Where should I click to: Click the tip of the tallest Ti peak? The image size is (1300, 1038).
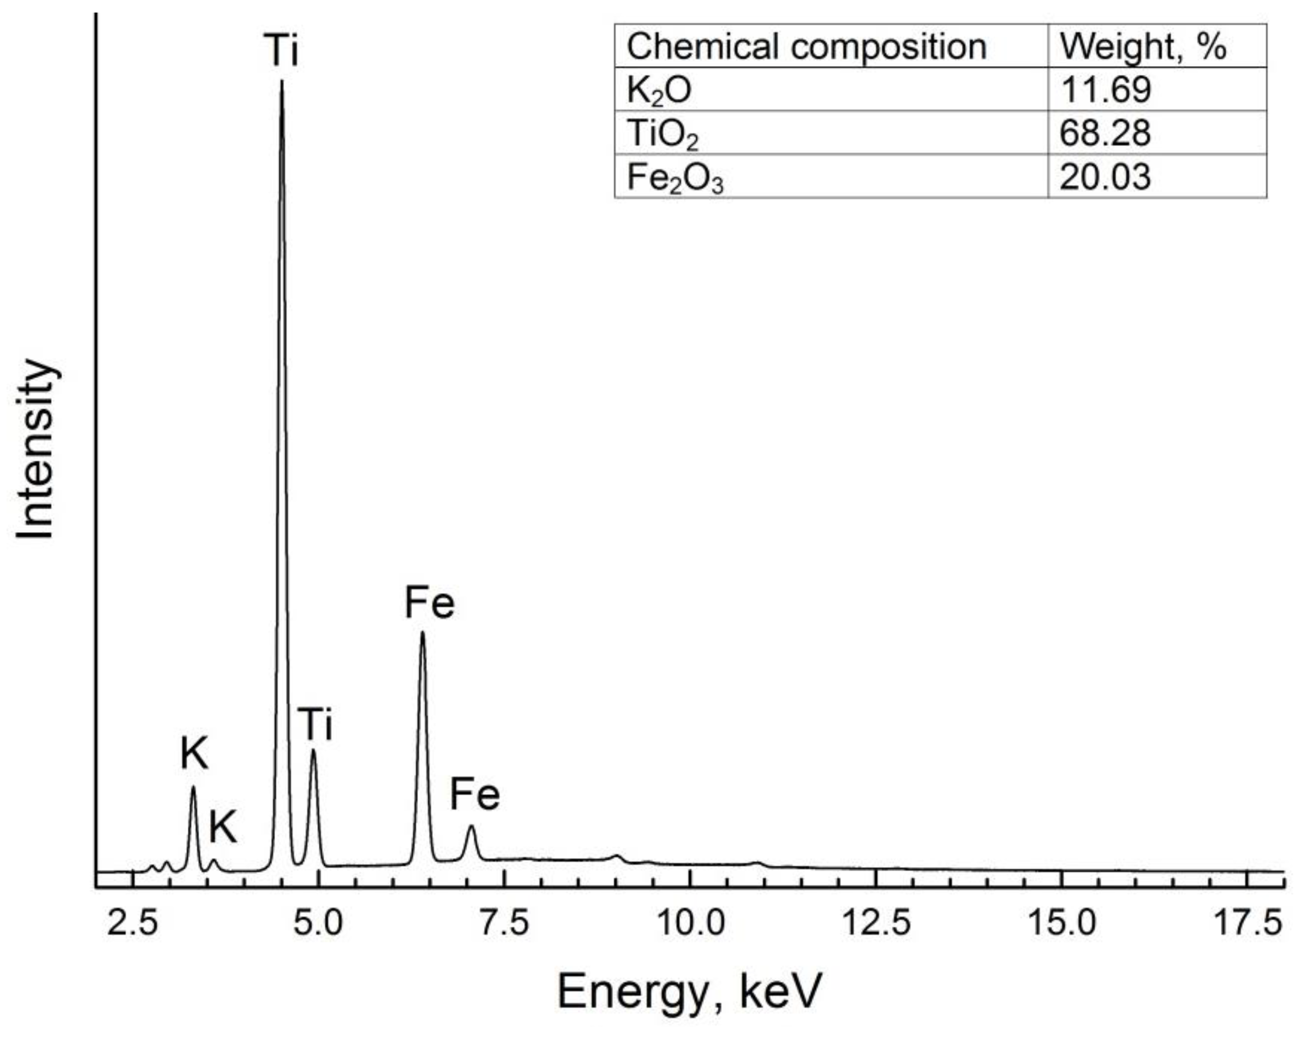[x=282, y=81]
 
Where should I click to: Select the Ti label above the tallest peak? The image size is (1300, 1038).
[x=281, y=50]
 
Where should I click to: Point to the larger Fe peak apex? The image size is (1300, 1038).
[x=422, y=633]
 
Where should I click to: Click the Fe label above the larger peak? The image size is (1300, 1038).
[x=430, y=603]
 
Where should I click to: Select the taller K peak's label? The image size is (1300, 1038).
[x=194, y=754]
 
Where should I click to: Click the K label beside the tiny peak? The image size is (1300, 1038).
[x=223, y=826]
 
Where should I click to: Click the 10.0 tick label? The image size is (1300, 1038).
[x=690, y=923]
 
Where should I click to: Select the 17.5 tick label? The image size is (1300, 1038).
[x=1247, y=923]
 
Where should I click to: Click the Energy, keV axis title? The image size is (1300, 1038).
[x=689, y=992]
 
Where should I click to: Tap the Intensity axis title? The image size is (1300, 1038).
[x=36, y=449]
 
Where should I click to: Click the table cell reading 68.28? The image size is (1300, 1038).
[x=1105, y=133]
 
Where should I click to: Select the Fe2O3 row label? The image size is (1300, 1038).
[x=674, y=177]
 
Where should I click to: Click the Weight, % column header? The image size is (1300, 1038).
[x=1143, y=46]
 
